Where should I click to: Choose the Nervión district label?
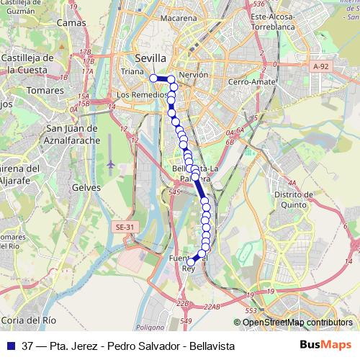point(194,75)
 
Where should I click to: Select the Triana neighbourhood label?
point(132,71)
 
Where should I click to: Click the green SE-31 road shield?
point(125,228)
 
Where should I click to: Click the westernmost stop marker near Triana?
point(153,78)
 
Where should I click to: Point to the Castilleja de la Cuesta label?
point(29,63)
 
